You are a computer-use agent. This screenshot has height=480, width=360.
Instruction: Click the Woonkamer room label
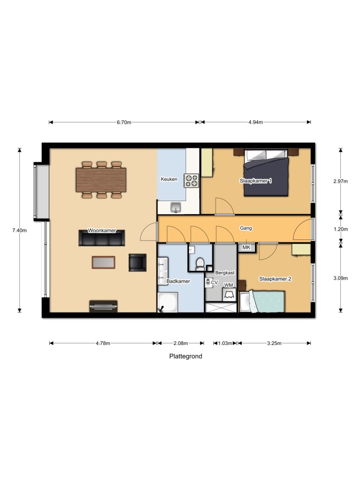[x=102, y=231]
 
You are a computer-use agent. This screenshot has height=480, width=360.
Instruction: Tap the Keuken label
[x=169, y=179]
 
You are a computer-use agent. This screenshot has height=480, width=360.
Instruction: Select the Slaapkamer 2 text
[x=275, y=279]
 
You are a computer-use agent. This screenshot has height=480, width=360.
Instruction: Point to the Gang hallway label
[x=246, y=228]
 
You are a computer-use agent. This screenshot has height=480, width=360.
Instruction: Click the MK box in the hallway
[x=246, y=247]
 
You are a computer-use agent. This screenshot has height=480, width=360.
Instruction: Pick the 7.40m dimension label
[x=20, y=230]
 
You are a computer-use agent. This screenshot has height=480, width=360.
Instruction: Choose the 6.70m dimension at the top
[x=124, y=122]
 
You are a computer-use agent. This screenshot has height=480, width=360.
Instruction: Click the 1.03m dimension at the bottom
[x=225, y=343]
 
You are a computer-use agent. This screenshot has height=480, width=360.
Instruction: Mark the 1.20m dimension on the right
[x=340, y=229]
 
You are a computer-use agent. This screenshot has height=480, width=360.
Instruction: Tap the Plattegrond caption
[x=186, y=356]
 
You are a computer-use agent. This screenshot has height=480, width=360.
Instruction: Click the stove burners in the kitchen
[x=191, y=180]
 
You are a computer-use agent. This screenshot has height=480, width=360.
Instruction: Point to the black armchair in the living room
[x=137, y=262]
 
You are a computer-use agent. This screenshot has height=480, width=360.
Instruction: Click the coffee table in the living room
[x=104, y=262]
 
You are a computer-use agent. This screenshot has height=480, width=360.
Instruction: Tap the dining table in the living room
[x=101, y=180]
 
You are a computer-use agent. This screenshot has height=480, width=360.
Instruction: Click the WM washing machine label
[x=228, y=285]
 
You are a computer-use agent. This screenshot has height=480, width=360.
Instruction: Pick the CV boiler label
[x=214, y=283]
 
